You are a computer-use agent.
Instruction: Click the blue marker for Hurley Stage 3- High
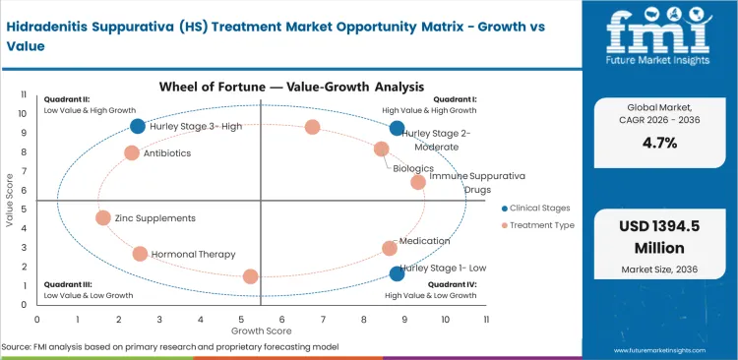[138, 126]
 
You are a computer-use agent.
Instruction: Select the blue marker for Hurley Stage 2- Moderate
[397, 128]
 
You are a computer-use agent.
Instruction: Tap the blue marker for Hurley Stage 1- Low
[397, 274]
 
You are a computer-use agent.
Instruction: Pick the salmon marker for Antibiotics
[132, 153]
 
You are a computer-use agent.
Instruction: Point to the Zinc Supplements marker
[103, 218]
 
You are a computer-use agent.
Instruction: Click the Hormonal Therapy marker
[140, 254]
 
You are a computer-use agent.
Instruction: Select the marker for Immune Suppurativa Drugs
[418, 182]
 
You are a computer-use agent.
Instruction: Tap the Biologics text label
[413, 168]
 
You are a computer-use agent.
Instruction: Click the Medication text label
[425, 241]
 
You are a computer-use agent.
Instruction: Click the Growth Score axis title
[261, 330]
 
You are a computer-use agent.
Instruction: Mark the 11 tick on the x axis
[486, 320]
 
